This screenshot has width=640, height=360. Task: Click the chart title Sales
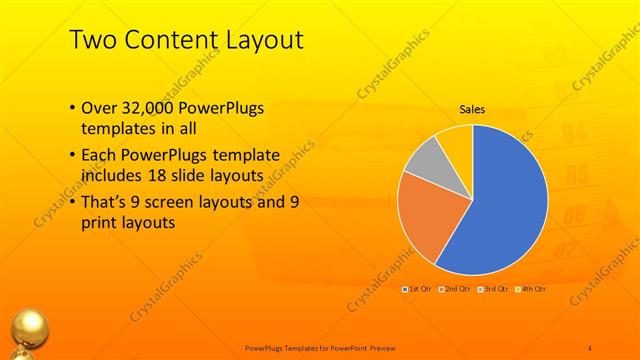472,109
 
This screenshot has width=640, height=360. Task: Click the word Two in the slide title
92,40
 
